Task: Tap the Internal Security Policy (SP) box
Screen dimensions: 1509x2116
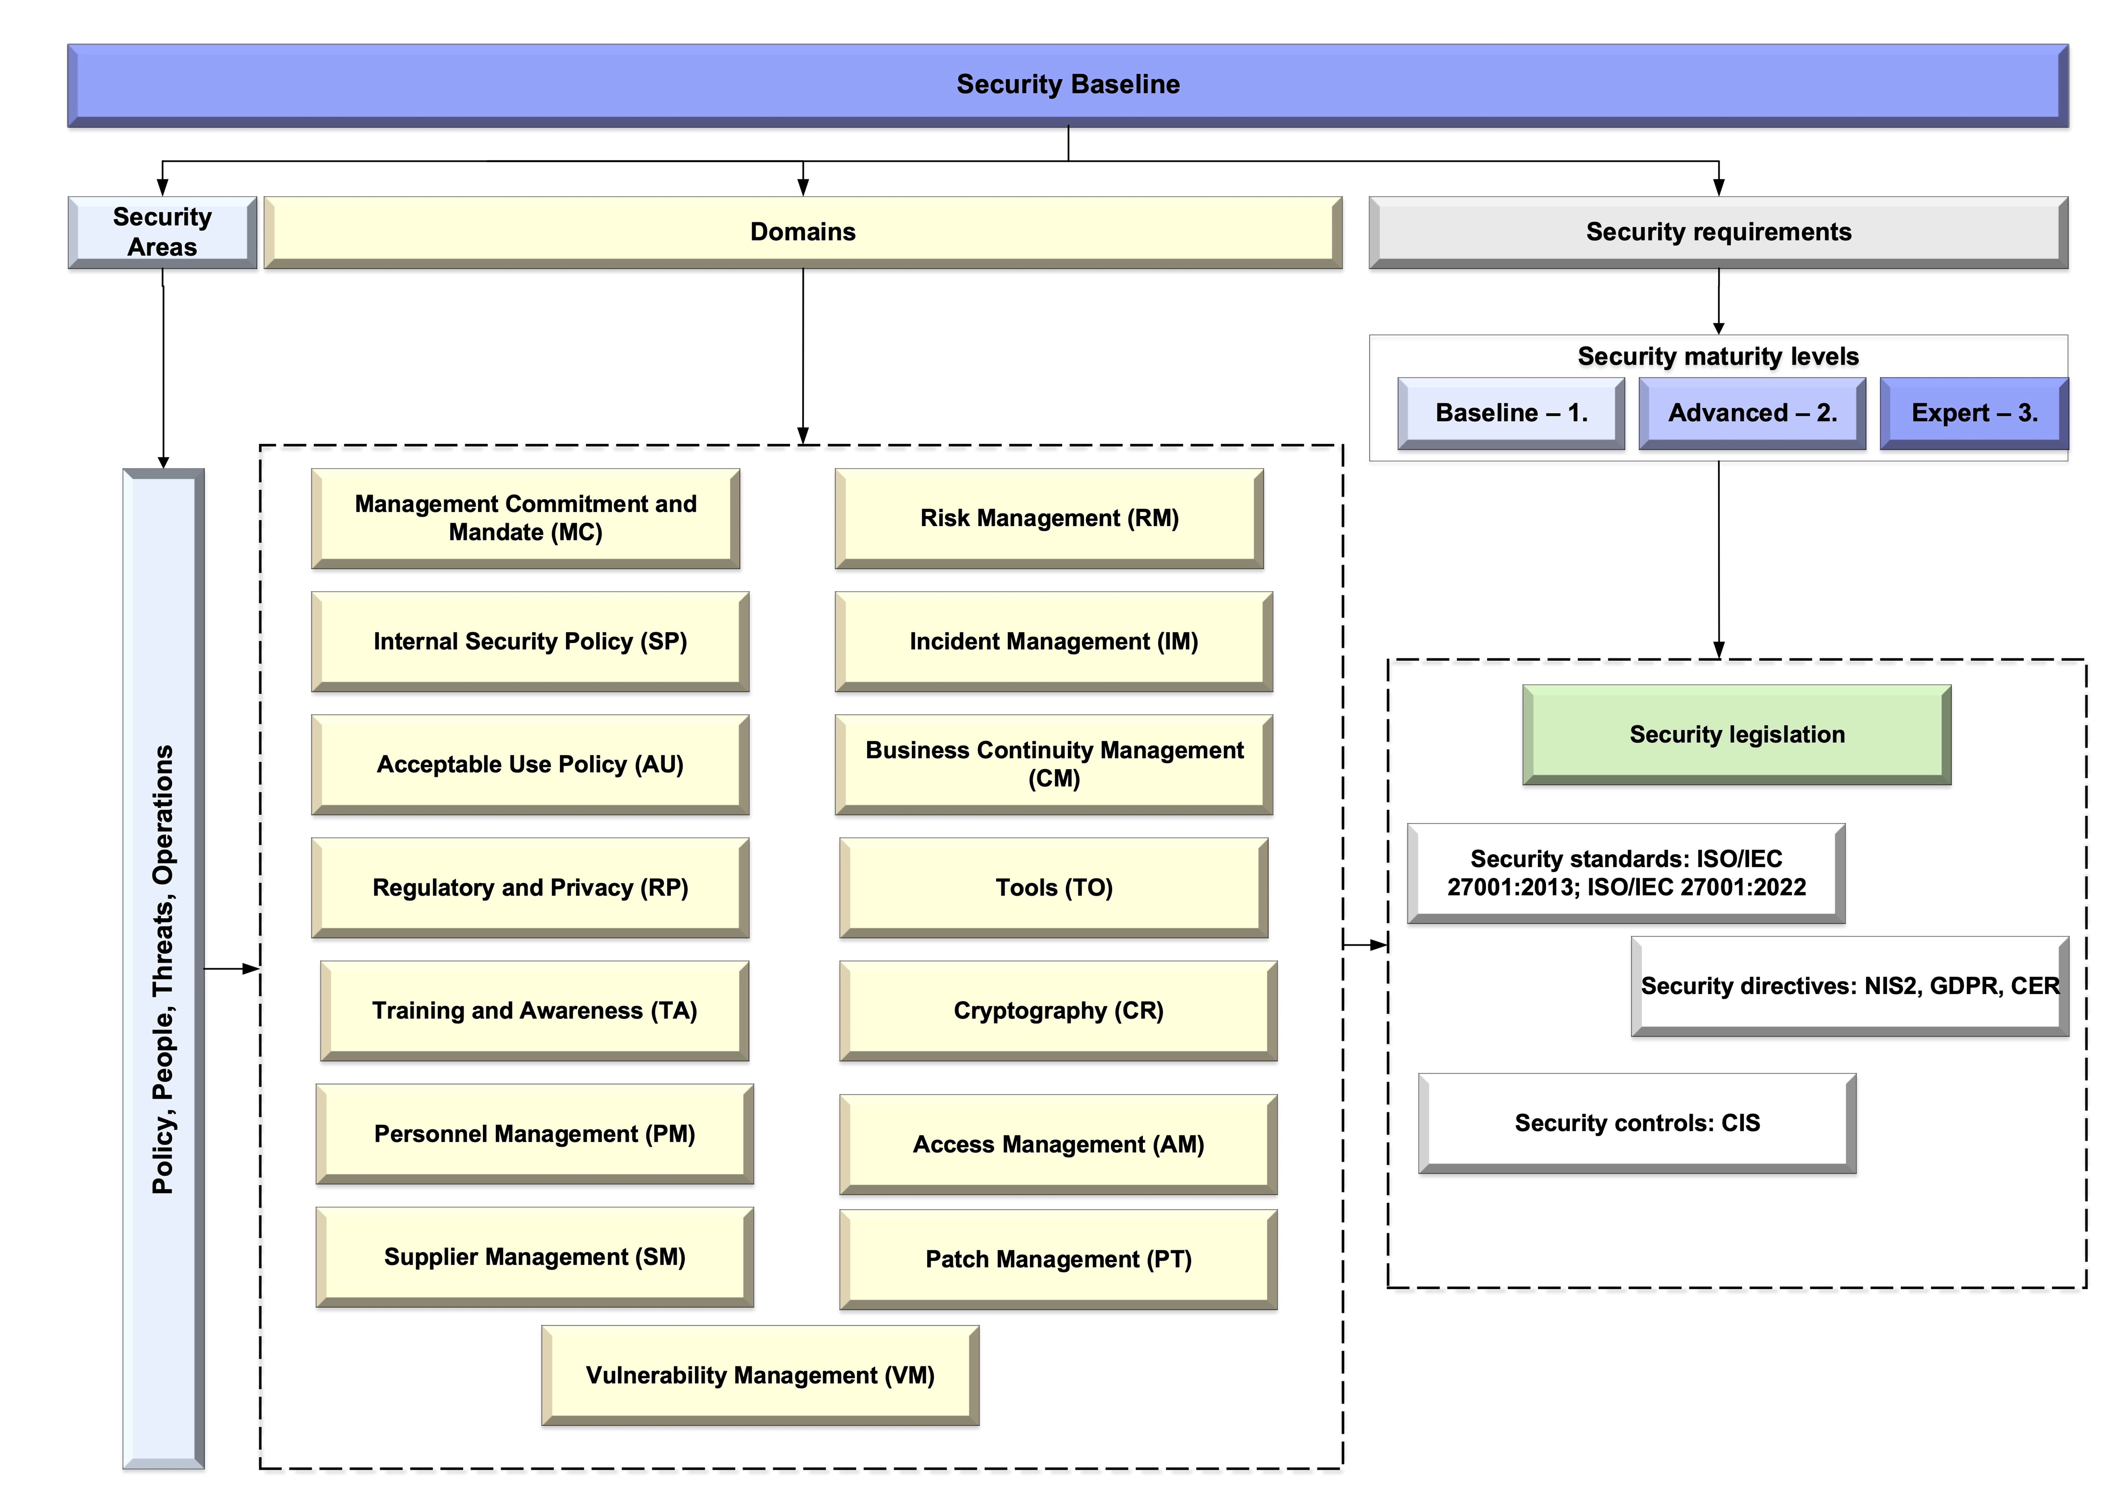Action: coord(530,641)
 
